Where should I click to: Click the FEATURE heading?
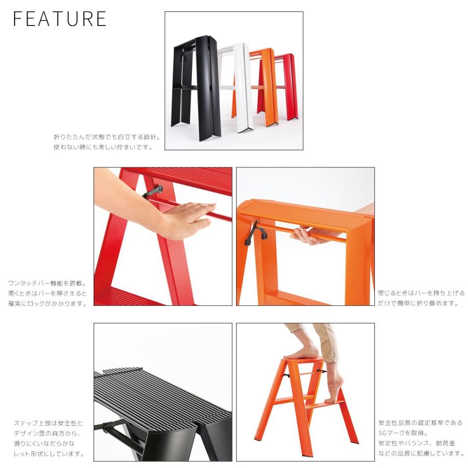(x=59, y=19)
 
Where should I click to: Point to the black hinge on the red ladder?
(x=152, y=192)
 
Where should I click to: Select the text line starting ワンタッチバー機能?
(x=47, y=283)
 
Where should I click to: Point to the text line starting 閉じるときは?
(x=421, y=293)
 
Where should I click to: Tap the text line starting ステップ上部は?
(x=48, y=423)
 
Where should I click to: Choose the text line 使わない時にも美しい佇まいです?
(x=103, y=147)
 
